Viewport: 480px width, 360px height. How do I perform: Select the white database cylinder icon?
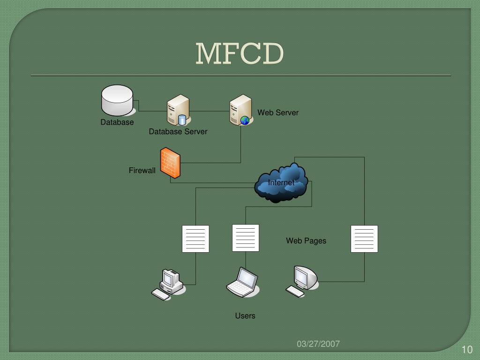coord(117,100)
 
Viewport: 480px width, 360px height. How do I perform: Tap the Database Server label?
coord(178,132)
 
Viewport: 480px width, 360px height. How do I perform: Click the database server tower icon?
coord(178,111)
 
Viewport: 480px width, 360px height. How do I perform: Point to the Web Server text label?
coord(278,112)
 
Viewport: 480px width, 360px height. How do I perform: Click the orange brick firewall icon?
coord(170,163)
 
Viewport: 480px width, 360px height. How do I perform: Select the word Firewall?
coord(142,171)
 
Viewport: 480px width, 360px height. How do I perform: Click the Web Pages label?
coord(306,241)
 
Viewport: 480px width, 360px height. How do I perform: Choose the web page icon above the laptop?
coord(246,238)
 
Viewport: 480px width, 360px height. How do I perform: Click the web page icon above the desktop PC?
coord(195,239)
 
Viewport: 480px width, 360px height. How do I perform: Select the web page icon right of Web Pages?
coord(364,239)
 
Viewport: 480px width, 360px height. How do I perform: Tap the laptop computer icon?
coord(242,283)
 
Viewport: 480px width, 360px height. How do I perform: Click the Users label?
coord(245,316)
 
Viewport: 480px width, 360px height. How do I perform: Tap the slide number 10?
coord(466,350)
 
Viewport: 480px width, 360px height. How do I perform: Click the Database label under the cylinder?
coord(117,122)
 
